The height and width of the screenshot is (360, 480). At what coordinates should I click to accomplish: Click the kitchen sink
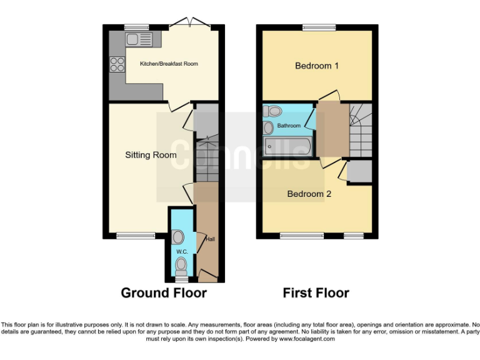pyautogui.click(x=139, y=41)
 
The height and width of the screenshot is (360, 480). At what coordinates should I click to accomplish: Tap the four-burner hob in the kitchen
pyautogui.click(x=117, y=64)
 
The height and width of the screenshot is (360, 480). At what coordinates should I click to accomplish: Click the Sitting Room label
pyautogui.click(x=151, y=155)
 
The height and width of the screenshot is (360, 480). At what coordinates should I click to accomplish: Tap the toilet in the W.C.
pyautogui.click(x=181, y=267)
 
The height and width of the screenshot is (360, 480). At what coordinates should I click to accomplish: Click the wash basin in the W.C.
pyautogui.click(x=177, y=237)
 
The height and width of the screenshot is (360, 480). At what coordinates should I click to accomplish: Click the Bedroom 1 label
pyautogui.click(x=317, y=66)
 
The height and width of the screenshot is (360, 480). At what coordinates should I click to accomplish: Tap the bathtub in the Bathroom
pyautogui.click(x=286, y=147)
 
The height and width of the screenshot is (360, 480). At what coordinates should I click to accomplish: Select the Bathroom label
pyautogui.click(x=289, y=126)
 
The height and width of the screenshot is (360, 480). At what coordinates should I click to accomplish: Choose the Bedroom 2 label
pyautogui.click(x=309, y=194)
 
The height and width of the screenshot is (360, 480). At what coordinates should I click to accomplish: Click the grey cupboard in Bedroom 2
pyautogui.click(x=359, y=172)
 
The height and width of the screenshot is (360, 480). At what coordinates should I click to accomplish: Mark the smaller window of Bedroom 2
pyautogui.click(x=354, y=236)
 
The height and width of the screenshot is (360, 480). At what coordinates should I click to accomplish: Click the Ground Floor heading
pyautogui.click(x=163, y=292)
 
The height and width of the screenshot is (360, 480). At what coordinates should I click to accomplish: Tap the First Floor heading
pyautogui.click(x=316, y=292)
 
